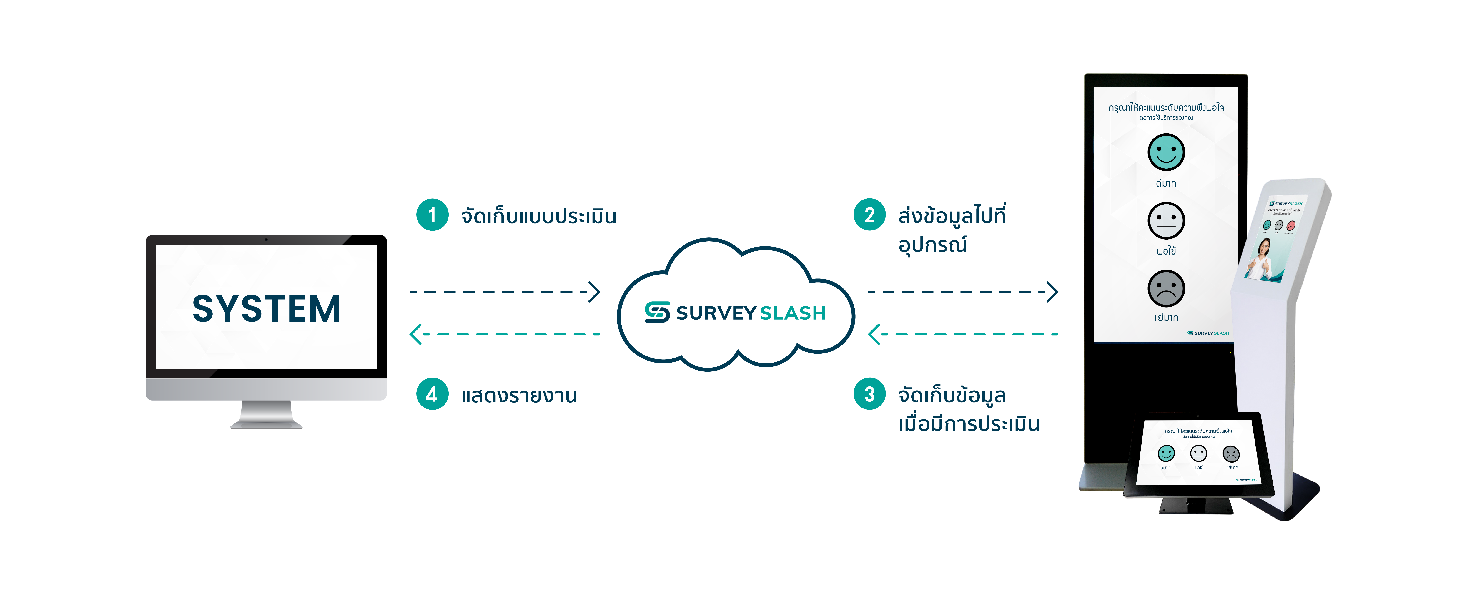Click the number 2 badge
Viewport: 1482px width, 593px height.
tap(869, 215)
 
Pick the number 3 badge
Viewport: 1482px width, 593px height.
tap(869, 395)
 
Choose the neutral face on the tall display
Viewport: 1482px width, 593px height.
tap(1166, 221)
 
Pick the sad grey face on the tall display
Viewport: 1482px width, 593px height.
tap(1166, 289)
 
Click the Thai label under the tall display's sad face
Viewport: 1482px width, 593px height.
tap(1166, 318)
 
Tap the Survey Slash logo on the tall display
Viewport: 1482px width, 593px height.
tap(1208, 333)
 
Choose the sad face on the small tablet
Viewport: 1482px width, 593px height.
tap(1231, 454)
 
